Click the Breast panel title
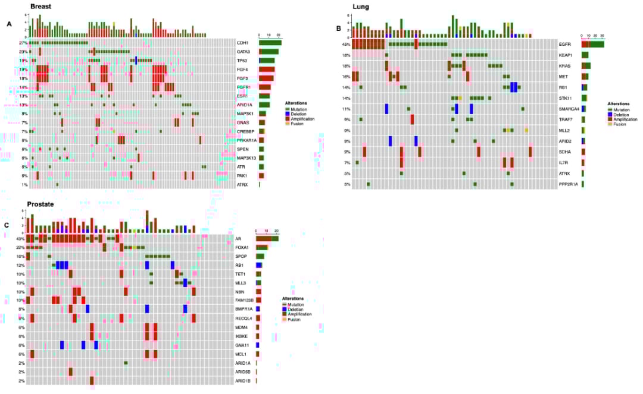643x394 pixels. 40,7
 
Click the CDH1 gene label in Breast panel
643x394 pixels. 242,43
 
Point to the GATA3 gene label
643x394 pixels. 243,52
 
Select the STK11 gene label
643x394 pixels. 566,98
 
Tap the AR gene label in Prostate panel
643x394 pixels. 238,238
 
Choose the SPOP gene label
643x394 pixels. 241,256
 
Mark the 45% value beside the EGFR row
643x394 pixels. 346,44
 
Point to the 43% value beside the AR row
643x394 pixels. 20,238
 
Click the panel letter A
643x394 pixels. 9,24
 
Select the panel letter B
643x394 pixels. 339,28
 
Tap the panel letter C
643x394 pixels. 7,225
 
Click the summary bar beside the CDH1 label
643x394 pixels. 270,43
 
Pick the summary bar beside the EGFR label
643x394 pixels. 592,44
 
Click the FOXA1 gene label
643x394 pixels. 242,247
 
